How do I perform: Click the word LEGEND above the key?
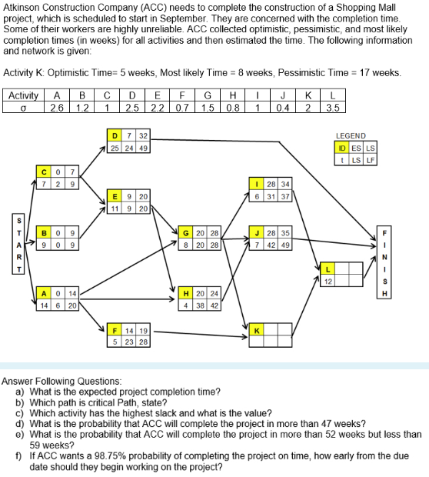(351, 135)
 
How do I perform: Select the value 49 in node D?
(143, 147)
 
